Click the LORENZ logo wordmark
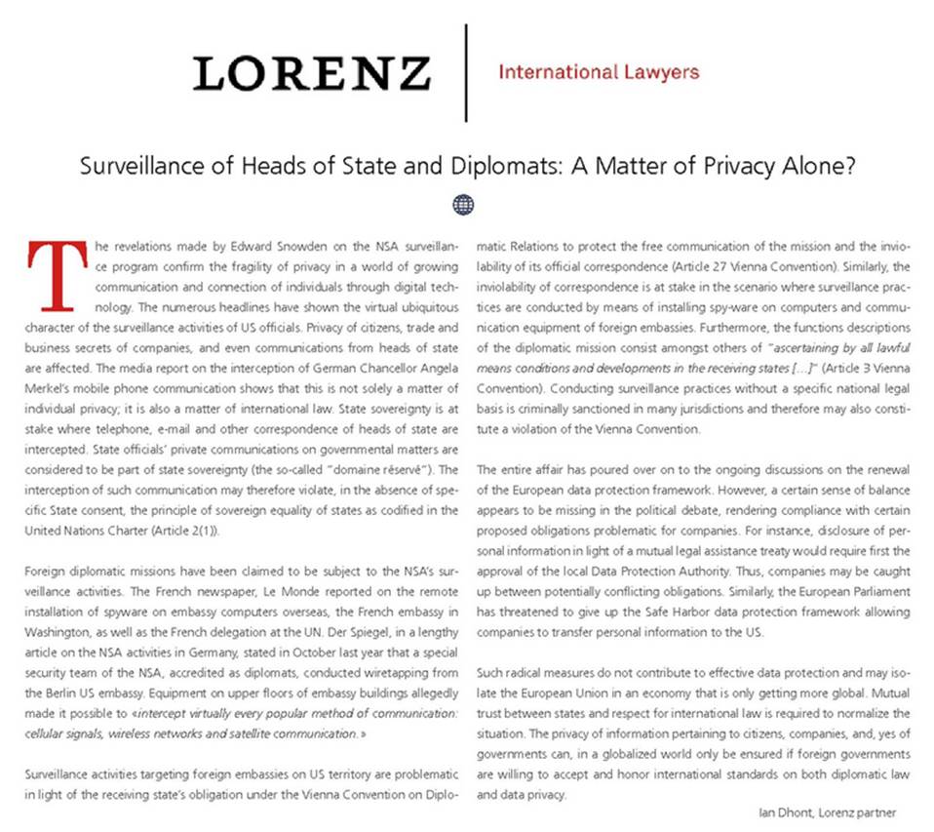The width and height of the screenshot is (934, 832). coord(311,73)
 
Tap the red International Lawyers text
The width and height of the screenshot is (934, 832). coord(598,71)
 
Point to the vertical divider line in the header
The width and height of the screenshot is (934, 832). coord(466,73)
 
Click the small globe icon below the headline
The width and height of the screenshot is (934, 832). coord(464,204)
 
